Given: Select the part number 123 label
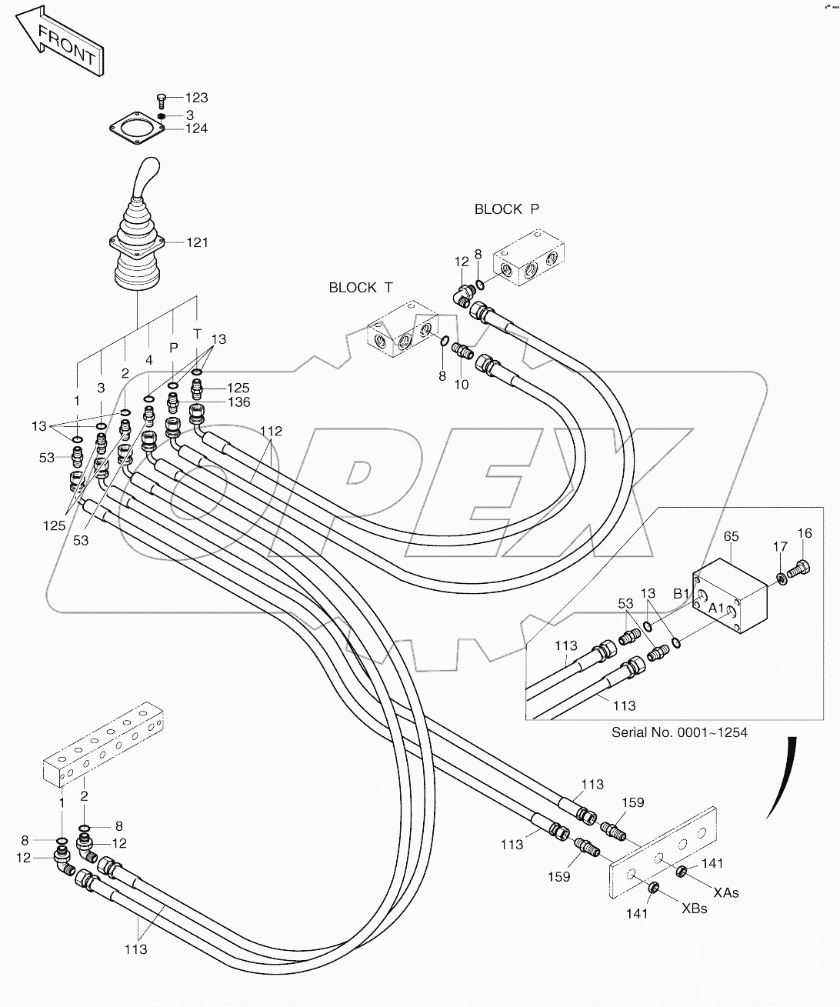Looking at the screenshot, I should [196, 98].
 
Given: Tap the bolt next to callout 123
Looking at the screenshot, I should [162, 98].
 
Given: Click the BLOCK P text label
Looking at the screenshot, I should [507, 209].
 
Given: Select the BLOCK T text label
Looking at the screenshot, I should [360, 288].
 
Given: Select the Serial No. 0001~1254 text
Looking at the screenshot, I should [678, 732].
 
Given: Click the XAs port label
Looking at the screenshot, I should [725, 892].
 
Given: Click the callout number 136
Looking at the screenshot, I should [238, 402].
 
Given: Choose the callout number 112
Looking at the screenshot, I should [271, 432].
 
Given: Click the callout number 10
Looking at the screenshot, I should [461, 385].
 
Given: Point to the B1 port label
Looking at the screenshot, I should [682, 593].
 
